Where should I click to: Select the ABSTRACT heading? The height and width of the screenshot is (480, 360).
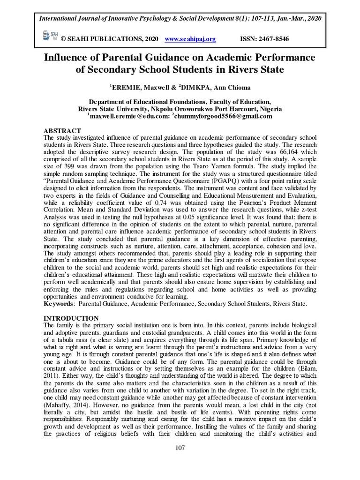[62, 130]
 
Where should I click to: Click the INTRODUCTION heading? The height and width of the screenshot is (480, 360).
[71, 318]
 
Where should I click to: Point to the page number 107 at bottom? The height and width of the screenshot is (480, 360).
[180, 448]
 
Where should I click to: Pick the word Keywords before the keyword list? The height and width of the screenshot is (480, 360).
[60, 304]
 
